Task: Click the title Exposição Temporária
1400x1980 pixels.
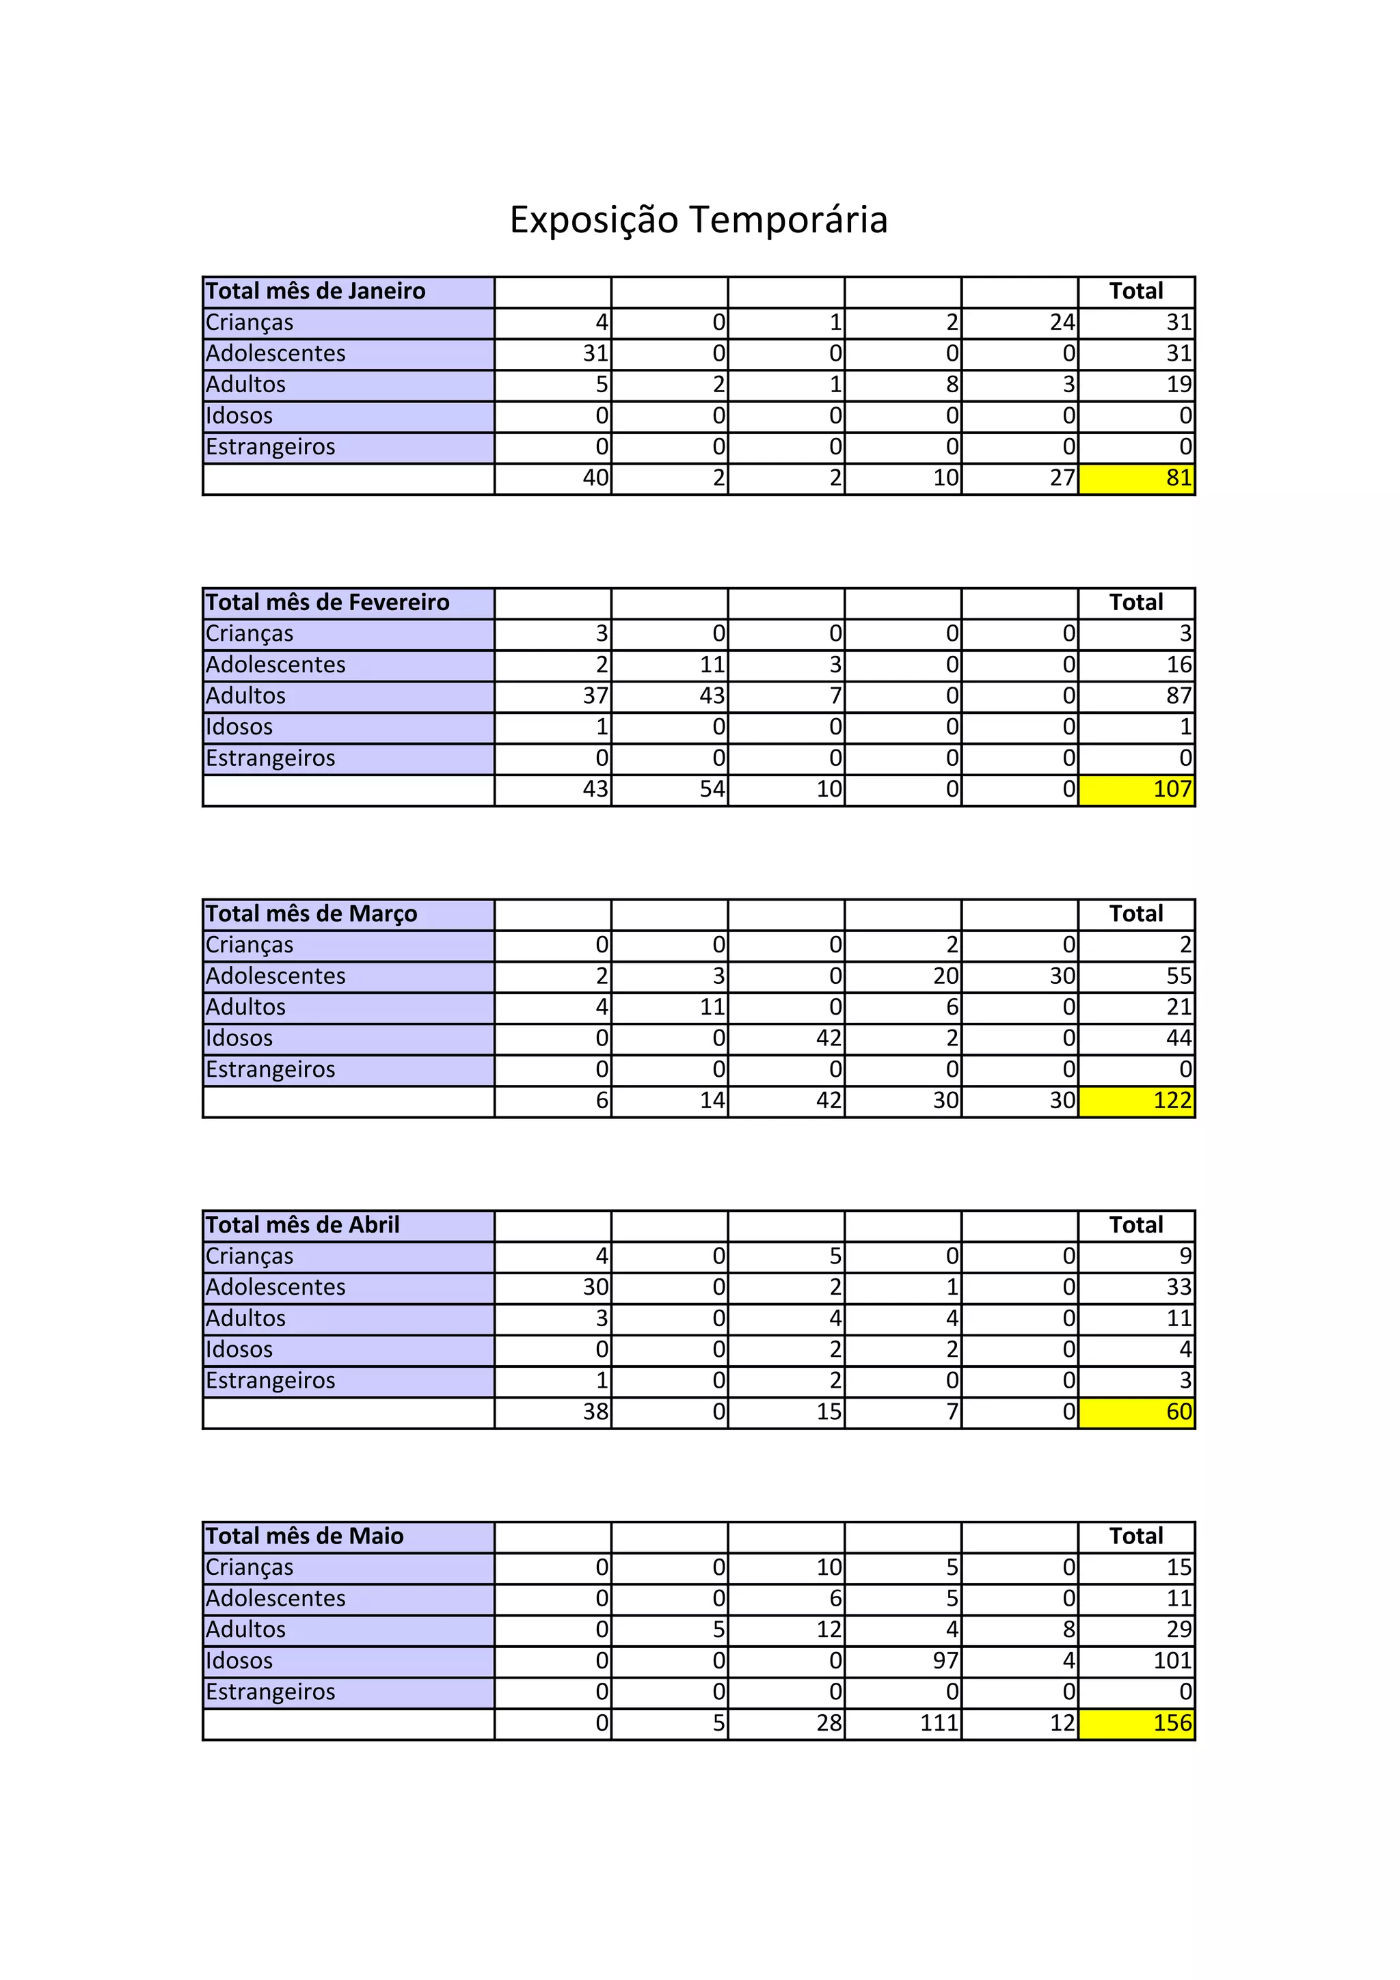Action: (x=699, y=219)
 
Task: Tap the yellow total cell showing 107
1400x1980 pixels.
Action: (x=1136, y=790)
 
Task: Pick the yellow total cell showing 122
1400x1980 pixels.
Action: (x=1136, y=1101)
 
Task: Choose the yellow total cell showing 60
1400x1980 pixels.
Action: (x=1136, y=1412)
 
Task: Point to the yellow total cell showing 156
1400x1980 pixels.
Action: (x=1136, y=1724)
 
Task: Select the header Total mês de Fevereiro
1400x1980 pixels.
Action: (x=328, y=603)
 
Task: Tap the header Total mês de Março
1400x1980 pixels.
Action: (x=312, y=914)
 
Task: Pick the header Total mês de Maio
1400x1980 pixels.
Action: (x=304, y=1537)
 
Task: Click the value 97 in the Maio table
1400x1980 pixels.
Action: (x=945, y=1661)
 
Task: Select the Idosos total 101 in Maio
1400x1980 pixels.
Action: (x=1172, y=1661)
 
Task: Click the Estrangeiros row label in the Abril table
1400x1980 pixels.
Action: (x=270, y=1381)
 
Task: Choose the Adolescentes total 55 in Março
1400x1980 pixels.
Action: (x=1179, y=976)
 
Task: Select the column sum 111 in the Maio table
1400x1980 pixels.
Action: (x=939, y=1723)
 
